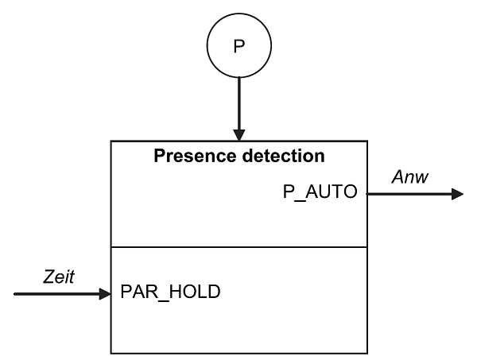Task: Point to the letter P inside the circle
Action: (238, 46)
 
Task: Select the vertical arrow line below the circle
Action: (238, 99)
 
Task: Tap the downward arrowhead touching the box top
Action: (238, 134)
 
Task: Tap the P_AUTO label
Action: (320, 192)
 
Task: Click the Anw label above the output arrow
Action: (409, 176)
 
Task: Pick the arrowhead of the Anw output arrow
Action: (456, 193)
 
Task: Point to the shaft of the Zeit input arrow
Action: (56, 294)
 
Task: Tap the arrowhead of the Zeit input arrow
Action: (104, 294)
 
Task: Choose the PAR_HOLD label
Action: (170, 292)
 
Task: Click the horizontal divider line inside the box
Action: (238, 247)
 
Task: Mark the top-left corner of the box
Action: (111, 141)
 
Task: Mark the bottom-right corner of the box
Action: (367, 353)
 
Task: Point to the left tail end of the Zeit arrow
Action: (15, 294)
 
